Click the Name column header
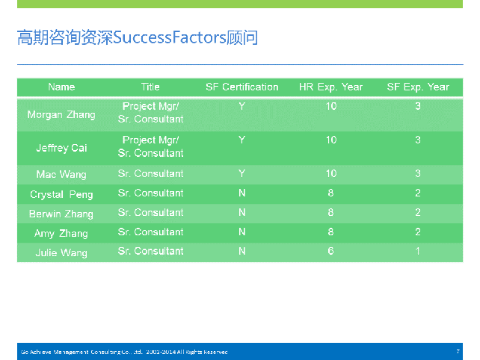coord(61,87)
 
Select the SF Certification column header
coord(241,87)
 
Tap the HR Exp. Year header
coord(330,87)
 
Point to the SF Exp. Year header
coord(418,87)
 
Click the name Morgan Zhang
coord(61,115)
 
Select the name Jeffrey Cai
coord(61,148)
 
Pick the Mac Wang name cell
coord(61,174)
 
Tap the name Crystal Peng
coord(61,194)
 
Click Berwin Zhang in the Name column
coord(61,214)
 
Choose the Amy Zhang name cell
coord(61,233)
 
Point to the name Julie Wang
coord(61,252)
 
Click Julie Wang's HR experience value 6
coord(330,251)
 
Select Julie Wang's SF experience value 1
coord(417,251)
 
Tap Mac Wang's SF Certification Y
coord(241,173)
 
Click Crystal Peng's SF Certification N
coord(241,193)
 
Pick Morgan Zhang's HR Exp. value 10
coord(331,106)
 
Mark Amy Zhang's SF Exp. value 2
coord(418,232)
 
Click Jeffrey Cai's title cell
coord(150,146)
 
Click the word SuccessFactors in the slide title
coord(169,37)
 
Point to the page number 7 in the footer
coord(458,352)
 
